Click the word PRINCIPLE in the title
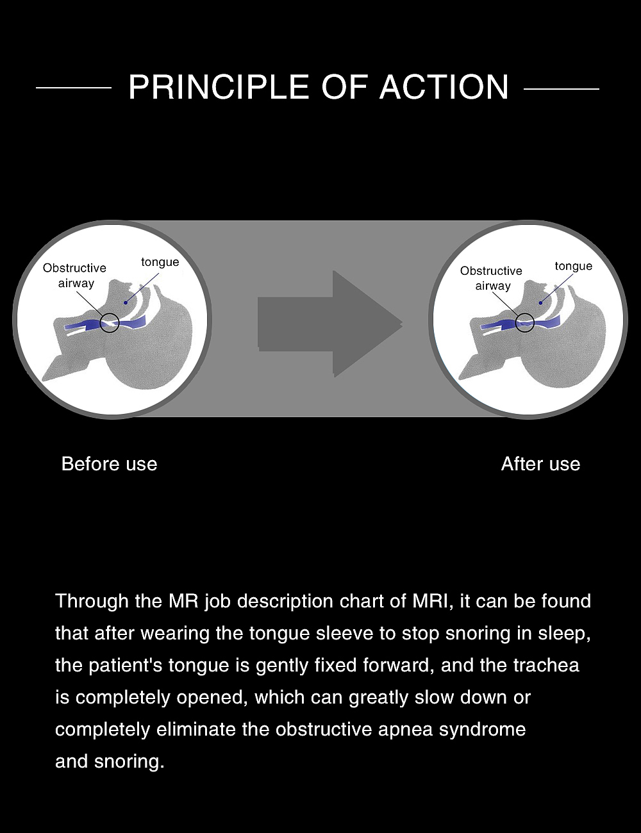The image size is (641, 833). [220, 87]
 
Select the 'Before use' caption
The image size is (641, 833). [109, 464]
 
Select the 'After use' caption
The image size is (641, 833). [540, 464]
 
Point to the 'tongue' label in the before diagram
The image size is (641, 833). [160, 262]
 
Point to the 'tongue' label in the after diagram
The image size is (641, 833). [573, 266]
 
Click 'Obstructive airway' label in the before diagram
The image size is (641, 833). [75, 276]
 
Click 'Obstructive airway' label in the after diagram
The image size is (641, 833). [492, 279]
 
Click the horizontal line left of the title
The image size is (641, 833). [74, 88]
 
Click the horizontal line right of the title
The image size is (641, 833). [562, 89]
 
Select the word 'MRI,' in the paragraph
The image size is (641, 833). [433, 601]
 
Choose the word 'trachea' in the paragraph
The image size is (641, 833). [545, 665]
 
